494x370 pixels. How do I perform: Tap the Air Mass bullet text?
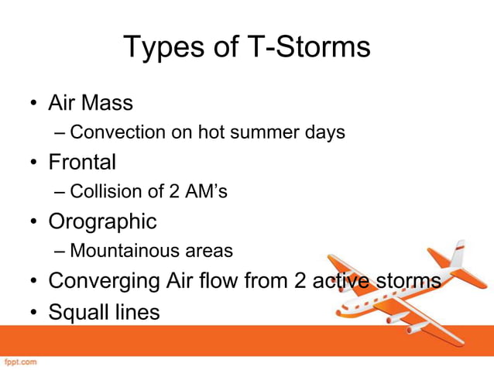pos(91,103)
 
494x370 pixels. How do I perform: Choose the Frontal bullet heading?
pos(82,162)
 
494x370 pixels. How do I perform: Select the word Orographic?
pos(102,221)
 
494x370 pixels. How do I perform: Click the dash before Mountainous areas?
pos(60,251)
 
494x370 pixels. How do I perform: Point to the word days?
pos(324,132)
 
